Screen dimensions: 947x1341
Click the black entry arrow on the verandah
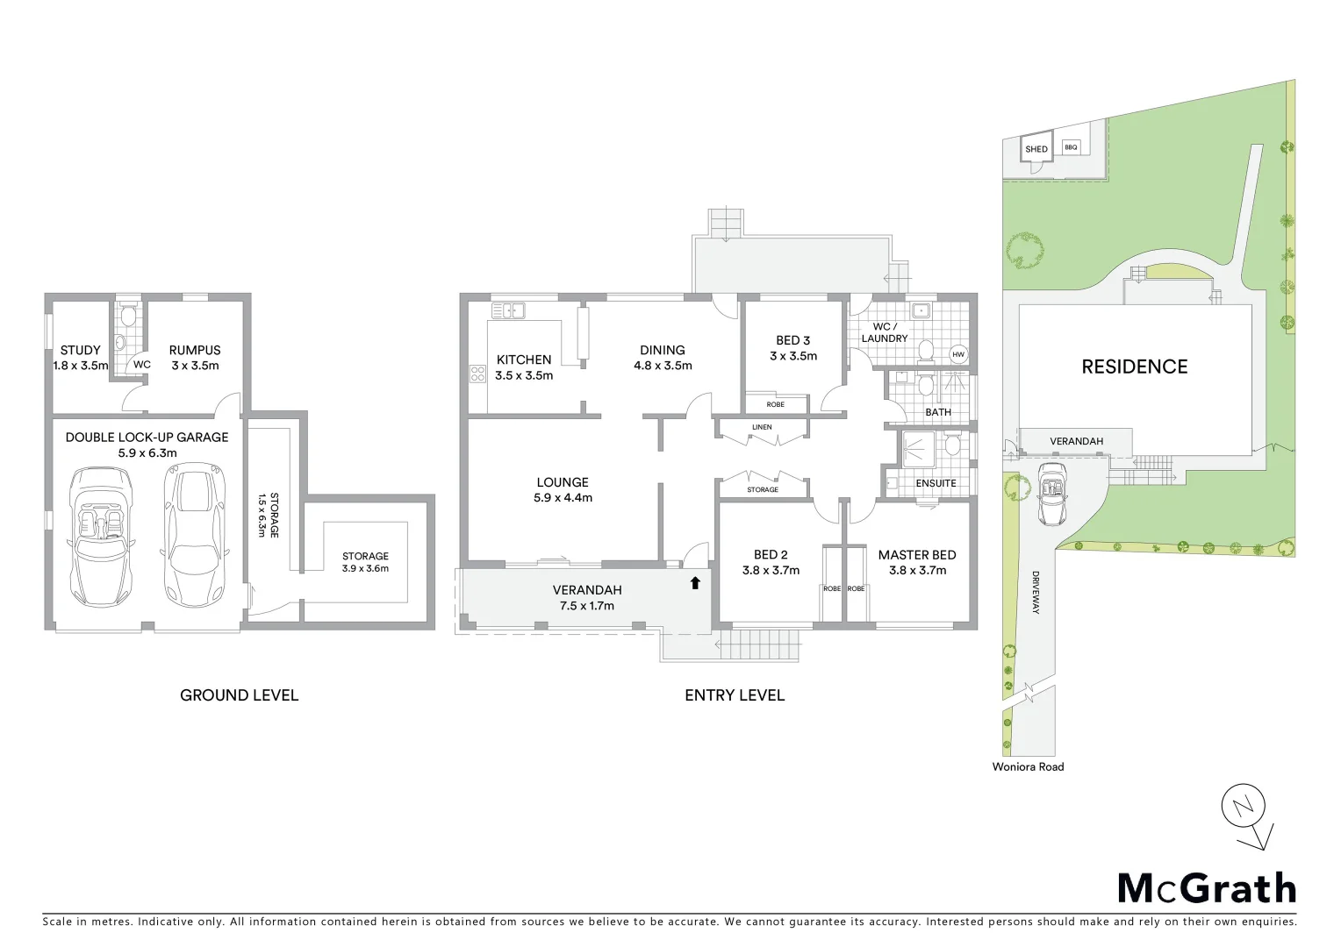[695, 582]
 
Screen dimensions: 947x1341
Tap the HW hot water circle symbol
[958, 355]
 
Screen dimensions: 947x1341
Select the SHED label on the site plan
[1036, 149]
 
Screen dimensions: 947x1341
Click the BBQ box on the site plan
[1071, 147]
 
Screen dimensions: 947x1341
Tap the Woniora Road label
[1028, 766]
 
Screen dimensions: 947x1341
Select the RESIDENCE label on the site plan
[1134, 367]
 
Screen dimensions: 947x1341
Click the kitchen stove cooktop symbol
[478, 374]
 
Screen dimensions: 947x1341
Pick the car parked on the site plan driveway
[1051, 495]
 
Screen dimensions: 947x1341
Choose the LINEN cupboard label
[762, 427]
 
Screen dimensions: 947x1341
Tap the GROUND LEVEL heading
[239, 695]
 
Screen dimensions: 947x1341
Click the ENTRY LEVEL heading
[735, 695]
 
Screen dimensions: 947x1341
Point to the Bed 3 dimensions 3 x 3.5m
[793, 356]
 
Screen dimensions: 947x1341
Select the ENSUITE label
[936, 483]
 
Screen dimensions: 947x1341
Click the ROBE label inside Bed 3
[775, 404]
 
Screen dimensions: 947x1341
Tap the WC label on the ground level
[141, 364]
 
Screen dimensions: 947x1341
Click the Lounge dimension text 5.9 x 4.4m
[563, 497]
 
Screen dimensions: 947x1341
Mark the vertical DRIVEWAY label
[1036, 594]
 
